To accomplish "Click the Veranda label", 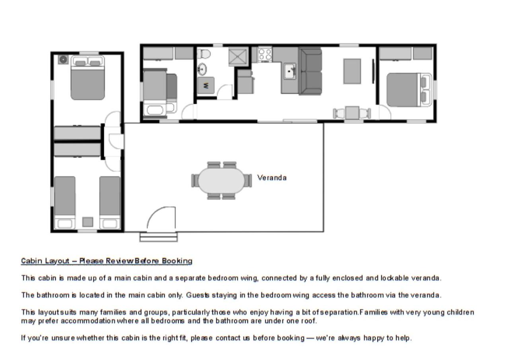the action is pos(272,178).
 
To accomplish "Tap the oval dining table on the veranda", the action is pos(221,181).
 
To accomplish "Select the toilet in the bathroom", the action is pos(204,54).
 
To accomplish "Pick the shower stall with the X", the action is pos(238,57).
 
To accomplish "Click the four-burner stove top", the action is pos(265,54).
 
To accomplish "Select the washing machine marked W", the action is pos(206,85).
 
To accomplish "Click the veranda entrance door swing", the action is pos(161,217).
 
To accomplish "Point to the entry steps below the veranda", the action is pos(159,237).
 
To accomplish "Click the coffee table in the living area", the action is pos(352,71).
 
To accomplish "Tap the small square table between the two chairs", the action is pos(352,113).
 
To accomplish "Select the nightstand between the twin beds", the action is pos(87,222).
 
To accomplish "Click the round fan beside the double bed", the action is pos(63,60).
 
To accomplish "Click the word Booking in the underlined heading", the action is pos(177,261).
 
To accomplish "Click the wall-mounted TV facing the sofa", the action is pos(373,71).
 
